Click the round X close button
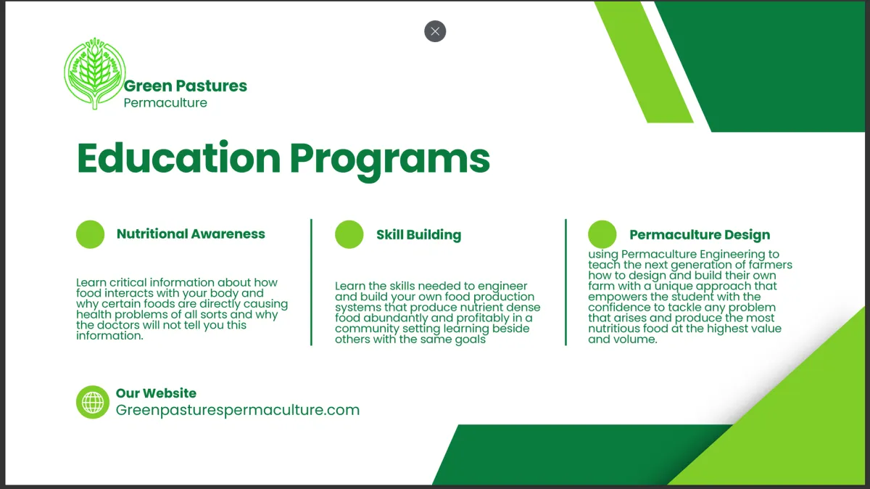pyautogui.click(x=435, y=31)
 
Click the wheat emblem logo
pyautogui.click(x=95, y=73)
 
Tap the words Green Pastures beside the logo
pyautogui.click(x=186, y=86)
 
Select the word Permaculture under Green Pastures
pyautogui.click(x=165, y=103)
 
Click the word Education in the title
pyautogui.click(x=178, y=158)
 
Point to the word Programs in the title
pyautogui.click(x=390, y=161)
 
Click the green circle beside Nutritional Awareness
pyautogui.click(x=90, y=234)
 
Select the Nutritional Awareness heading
pyautogui.click(x=191, y=234)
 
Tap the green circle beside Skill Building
pyautogui.click(x=349, y=234)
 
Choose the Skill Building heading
pyautogui.click(x=419, y=235)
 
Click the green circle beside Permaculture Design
pyautogui.click(x=602, y=234)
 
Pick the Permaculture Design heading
pyautogui.click(x=700, y=235)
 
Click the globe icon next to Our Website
pyautogui.click(x=93, y=402)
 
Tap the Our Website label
pyautogui.click(x=156, y=393)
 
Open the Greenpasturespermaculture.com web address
pyautogui.click(x=238, y=410)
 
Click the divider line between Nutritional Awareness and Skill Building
pyautogui.click(x=311, y=282)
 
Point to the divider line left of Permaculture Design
pyautogui.click(x=566, y=282)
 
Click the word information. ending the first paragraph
pyautogui.click(x=110, y=335)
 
